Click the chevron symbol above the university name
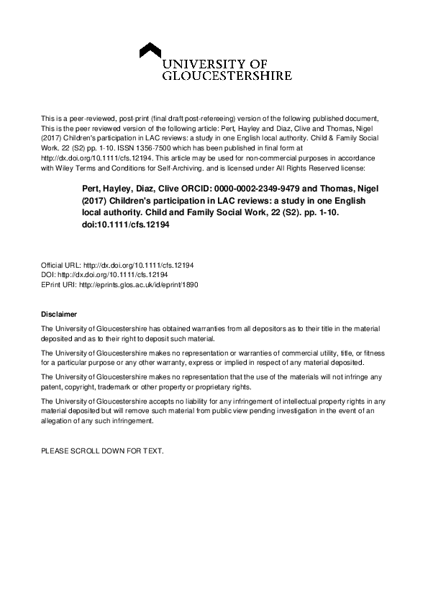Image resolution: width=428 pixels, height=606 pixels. [149, 50]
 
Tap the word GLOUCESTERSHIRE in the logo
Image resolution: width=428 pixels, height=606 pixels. [228, 75]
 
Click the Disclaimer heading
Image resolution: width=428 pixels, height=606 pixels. [58, 315]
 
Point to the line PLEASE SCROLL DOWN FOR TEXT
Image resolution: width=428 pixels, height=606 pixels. [103, 451]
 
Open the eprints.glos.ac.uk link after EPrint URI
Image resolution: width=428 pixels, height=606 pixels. [139, 285]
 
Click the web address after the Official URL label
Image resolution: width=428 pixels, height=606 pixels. [138, 265]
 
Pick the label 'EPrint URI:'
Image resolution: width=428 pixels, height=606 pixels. [59, 285]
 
